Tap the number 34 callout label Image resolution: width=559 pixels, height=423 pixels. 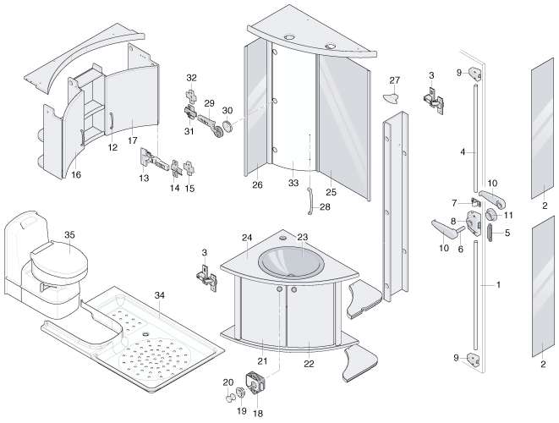[x=160, y=295]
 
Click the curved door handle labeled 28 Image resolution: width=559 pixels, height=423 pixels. [x=310, y=201]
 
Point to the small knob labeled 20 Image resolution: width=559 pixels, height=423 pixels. [x=230, y=397]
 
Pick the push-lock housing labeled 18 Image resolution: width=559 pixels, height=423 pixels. [x=256, y=383]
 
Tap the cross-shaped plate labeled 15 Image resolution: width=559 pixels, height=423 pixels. [x=189, y=168]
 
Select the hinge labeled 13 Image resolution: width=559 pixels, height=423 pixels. [x=153, y=159]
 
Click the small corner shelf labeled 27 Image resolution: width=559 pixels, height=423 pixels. [x=391, y=97]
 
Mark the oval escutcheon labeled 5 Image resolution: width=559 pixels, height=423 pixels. [x=490, y=233]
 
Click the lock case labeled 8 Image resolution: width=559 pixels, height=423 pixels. [x=474, y=223]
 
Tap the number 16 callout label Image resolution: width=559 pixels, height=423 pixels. [x=76, y=174]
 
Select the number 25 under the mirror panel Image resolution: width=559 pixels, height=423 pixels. [x=331, y=192]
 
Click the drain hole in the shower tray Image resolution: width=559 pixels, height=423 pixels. [x=145, y=334]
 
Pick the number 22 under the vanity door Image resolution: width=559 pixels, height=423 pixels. [x=309, y=364]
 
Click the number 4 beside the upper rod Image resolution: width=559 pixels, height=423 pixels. [x=463, y=152]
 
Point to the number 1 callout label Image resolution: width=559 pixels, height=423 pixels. [x=498, y=284]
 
